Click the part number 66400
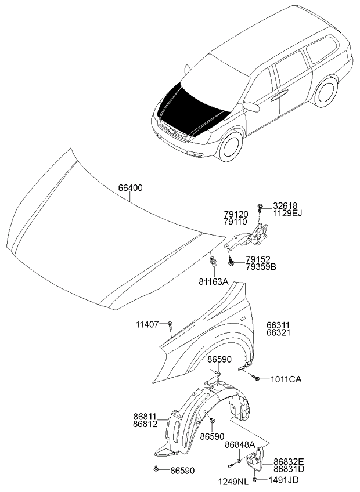click(x=131, y=188)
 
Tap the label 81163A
click(x=214, y=282)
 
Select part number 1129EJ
click(x=287, y=214)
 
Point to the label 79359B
click(x=261, y=267)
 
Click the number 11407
click(x=147, y=324)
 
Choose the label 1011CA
click(x=286, y=379)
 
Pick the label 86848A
click(x=240, y=444)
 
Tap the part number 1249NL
click(x=234, y=482)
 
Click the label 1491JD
click(x=285, y=480)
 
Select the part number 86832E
click(x=289, y=462)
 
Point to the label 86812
click(x=145, y=425)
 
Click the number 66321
click(x=278, y=332)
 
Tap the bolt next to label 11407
click(x=170, y=325)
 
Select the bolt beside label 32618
click(x=260, y=207)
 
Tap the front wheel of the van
click(x=231, y=146)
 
